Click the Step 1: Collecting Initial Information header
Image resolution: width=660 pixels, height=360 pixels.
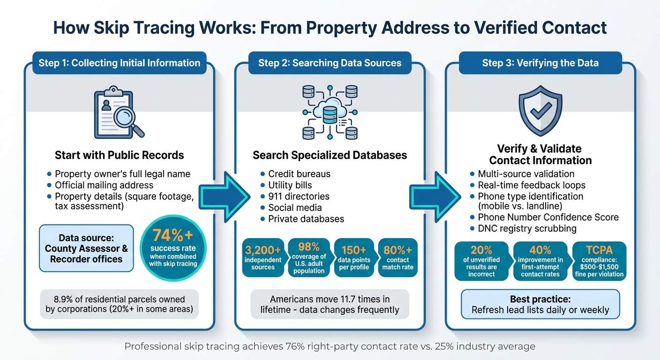[119, 63]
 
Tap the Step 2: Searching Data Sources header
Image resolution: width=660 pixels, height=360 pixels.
[330, 63]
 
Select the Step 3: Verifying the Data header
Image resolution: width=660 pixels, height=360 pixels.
[540, 63]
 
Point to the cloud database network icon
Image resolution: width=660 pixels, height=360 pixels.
[330, 112]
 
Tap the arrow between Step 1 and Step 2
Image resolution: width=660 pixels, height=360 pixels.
[224, 195]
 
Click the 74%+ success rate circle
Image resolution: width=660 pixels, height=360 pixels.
[173, 247]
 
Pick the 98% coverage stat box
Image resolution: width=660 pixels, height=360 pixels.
[309, 257]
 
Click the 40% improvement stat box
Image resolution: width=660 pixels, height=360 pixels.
[540, 261]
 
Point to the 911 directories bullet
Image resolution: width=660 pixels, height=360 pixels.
[299, 196]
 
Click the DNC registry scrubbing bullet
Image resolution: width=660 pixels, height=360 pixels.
[527, 229]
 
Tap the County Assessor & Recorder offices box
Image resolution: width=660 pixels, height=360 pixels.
[86, 248]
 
